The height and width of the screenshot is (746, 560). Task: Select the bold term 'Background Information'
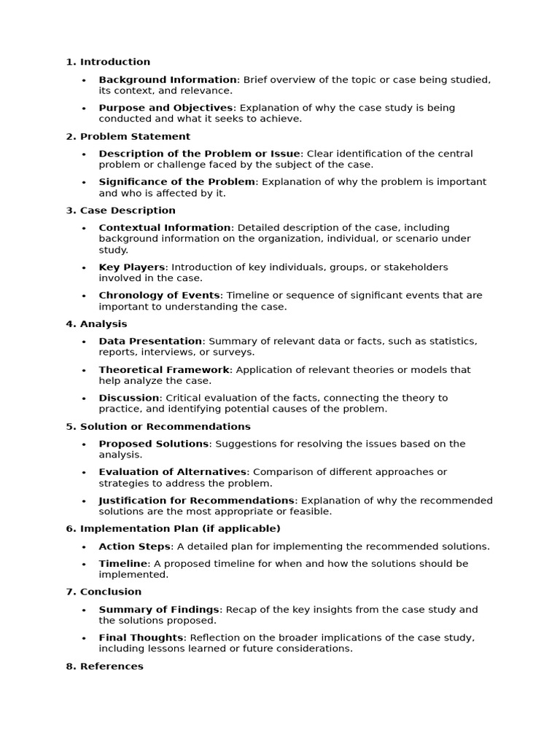pyautogui.click(x=168, y=79)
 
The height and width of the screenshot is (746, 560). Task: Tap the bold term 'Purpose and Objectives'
pyautogui.click(x=166, y=108)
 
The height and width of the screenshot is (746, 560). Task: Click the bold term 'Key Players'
pyautogui.click(x=132, y=267)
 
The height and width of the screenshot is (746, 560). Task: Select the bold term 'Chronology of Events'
pyautogui.click(x=159, y=296)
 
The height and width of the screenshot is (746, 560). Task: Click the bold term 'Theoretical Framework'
pyautogui.click(x=164, y=370)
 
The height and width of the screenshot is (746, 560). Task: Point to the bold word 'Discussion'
pyautogui.click(x=129, y=398)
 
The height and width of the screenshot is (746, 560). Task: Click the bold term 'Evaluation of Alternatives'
pyautogui.click(x=173, y=472)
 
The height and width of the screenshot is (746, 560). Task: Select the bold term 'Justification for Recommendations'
pyautogui.click(x=197, y=500)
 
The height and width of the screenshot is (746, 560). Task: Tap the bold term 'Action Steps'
pyautogui.click(x=135, y=546)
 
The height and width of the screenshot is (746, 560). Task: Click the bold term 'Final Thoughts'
pyautogui.click(x=141, y=637)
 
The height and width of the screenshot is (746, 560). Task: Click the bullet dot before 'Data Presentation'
pyautogui.click(x=84, y=342)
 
